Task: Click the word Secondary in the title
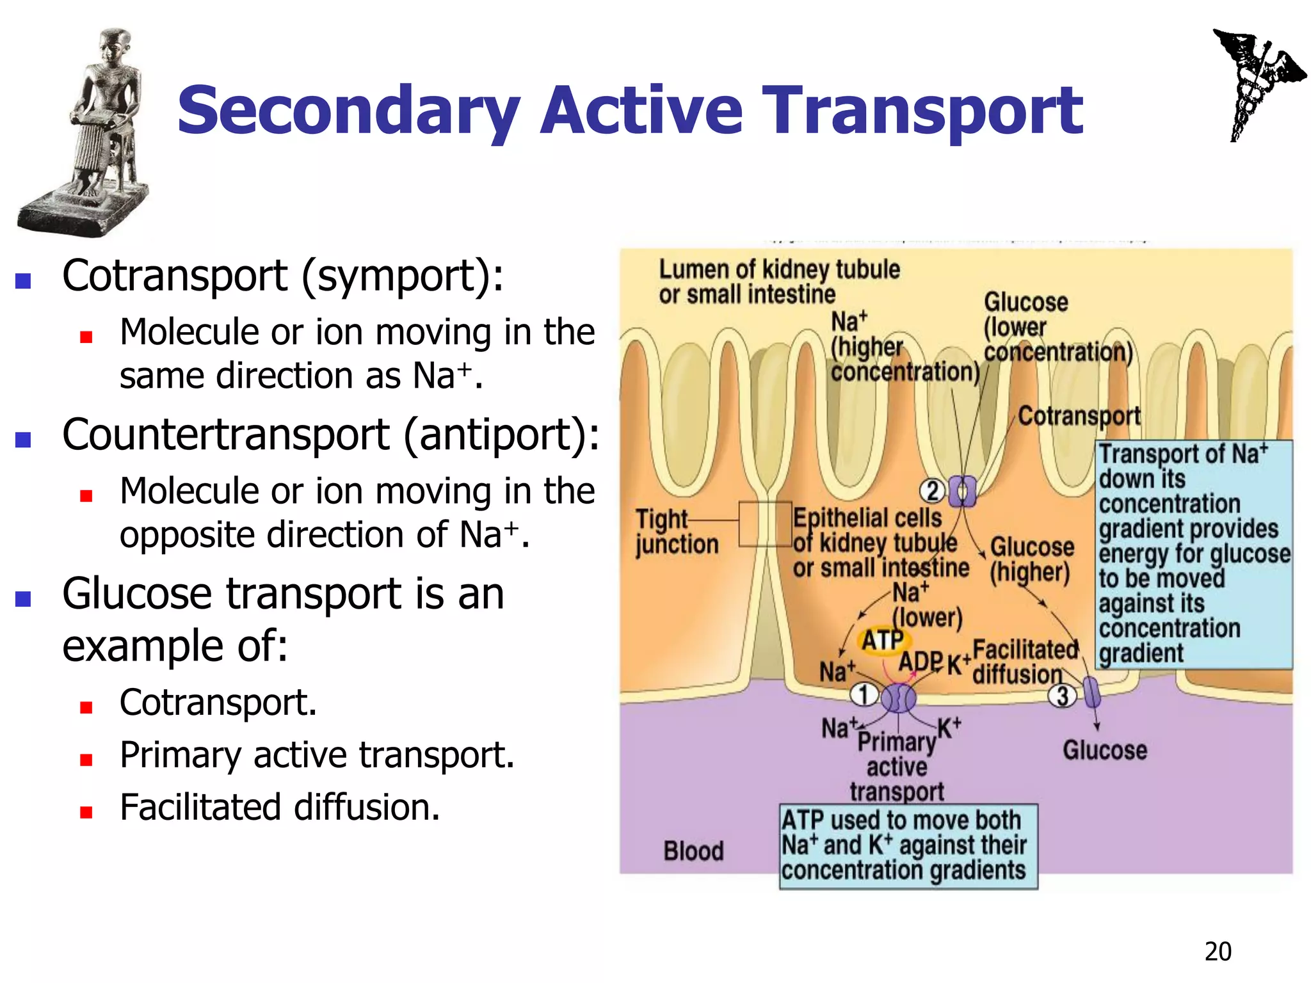pyautogui.click(x=348, y=112)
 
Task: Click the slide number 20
pyautogui.click(x=1218, y=952)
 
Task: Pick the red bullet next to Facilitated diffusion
pyautogui.click(x=86, y=812)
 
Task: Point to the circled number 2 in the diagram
pyautogui.click(x=932, y=491)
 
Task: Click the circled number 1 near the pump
pyautogui.click(x=863, y=694)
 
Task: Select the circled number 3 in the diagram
pyautogui.click(x=1062, y=696)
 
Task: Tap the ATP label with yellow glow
pyautogui.click(x=882, y=640)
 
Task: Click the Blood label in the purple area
pyautogui.click(x=693, y=851)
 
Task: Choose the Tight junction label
pyautogui.click(x=676, y=531)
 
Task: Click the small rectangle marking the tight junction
pyautogui.click(x=765, y=523)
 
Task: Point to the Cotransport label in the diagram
pyautogui.click(x=1079, y=416)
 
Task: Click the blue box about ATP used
pyautogui.click(x=908, y=846)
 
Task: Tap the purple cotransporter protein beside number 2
pyautogui.click(x=961, y=491)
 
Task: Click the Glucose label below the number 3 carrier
pyautogui.click(x=1105, y=750)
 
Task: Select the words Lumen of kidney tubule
pyautogui.click(x=779, y=269)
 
